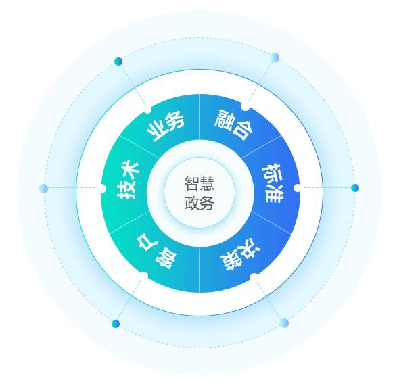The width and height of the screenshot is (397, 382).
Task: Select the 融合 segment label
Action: [234, 124]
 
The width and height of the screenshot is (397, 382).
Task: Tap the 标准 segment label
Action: [273, 183]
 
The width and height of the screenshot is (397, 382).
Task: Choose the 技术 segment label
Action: [128, 181]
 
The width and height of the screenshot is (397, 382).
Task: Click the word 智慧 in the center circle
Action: [200, 183]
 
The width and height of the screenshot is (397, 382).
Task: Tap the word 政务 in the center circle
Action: [200, 203]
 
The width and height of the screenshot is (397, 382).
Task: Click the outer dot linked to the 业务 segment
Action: [118, 62]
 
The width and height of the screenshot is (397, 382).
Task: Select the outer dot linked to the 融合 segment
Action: [275, 57]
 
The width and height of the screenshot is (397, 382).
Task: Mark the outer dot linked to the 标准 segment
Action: [355, 188]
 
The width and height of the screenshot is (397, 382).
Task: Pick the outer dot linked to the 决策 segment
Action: [284, 323]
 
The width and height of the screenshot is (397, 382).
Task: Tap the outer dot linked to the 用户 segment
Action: [116, 324]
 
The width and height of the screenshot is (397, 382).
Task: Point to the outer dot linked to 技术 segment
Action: [43, 189]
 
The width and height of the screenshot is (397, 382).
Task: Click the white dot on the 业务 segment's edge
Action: [147, 110]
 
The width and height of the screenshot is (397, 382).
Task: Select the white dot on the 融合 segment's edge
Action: [246, 107]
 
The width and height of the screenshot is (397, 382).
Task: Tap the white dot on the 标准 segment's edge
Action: [298, 188]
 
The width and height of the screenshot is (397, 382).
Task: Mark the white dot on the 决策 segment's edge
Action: [254, 277]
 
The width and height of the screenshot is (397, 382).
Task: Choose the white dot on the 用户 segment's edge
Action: [144, 275]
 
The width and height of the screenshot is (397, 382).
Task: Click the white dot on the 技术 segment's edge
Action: [102, 189]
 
